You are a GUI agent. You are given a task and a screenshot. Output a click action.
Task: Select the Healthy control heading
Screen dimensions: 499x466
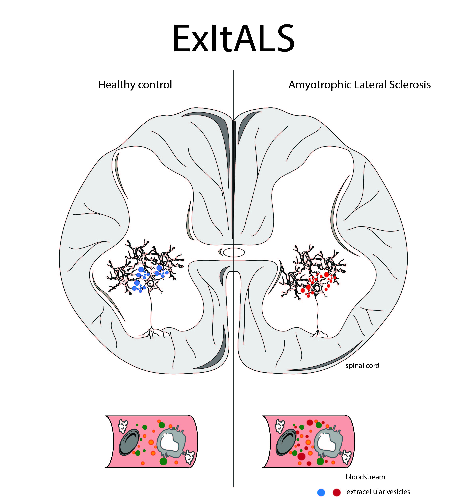coord(135,85)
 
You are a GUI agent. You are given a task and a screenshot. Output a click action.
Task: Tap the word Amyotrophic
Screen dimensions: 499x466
coord(320,85)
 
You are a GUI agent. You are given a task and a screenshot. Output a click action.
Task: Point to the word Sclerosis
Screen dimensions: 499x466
coord(410,85)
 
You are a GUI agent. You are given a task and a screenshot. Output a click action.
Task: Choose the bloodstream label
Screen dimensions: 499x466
coord(365,477)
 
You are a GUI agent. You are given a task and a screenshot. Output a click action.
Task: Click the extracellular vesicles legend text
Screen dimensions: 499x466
coord(378,492)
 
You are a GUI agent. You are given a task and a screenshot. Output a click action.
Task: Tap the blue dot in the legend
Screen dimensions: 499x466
coord(321,492)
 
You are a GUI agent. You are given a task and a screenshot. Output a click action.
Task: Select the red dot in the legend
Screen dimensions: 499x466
coord(336,492)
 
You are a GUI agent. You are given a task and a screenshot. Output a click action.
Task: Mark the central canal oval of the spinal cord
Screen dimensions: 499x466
coord(234,252)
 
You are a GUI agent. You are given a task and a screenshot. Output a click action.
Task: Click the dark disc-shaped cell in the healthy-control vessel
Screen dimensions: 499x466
coord(129,442)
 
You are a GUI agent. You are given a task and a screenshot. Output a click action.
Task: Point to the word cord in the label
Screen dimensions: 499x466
coord(372,366)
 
